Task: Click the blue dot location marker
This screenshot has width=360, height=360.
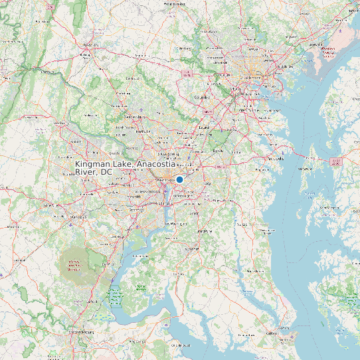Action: [x=179, y=179]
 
